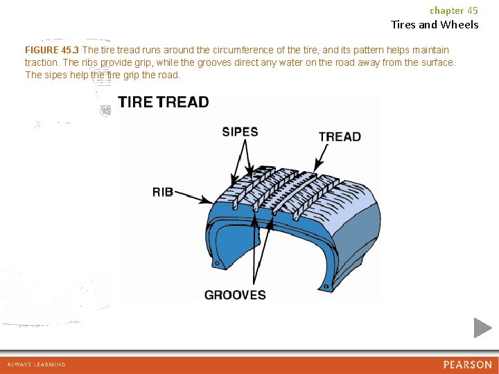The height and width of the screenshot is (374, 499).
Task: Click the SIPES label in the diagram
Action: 240,132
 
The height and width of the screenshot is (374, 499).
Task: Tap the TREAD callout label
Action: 340,136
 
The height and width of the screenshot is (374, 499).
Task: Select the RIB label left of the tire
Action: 163,192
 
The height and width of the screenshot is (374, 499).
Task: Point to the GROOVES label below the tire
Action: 235,295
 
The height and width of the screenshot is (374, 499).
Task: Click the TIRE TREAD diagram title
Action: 164,103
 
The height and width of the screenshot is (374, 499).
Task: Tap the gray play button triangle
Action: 482,328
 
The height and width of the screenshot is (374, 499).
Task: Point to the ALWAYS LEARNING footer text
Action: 36,364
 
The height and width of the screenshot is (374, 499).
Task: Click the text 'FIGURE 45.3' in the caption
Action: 52,50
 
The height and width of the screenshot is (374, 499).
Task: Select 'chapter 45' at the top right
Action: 454,10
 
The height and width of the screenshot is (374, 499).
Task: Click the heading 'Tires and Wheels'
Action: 435,25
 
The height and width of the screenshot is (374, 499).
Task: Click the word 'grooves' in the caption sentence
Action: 208,62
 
